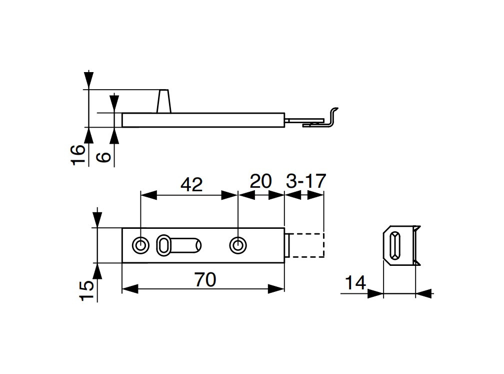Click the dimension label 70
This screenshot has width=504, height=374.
pos(205,279)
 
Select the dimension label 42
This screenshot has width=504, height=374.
pos(191,184)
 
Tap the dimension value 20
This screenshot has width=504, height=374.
pos(260,181)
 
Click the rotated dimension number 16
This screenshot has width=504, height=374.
pos(78,155)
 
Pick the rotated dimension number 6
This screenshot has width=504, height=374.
pos(104,157)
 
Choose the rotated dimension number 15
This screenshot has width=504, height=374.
pos(86,290)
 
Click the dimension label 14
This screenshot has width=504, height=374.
pos(355,283)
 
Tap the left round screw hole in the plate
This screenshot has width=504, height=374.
pos(140,245)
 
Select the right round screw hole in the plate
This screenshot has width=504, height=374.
pos(238,245)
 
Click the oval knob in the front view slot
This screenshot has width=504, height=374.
pos(163,245)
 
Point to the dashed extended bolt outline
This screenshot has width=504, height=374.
pos(323,245)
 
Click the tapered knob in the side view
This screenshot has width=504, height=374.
pos(163,101)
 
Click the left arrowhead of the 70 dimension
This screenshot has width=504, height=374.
pos(130,289)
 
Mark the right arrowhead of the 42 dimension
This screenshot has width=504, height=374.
pos(229,195)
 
